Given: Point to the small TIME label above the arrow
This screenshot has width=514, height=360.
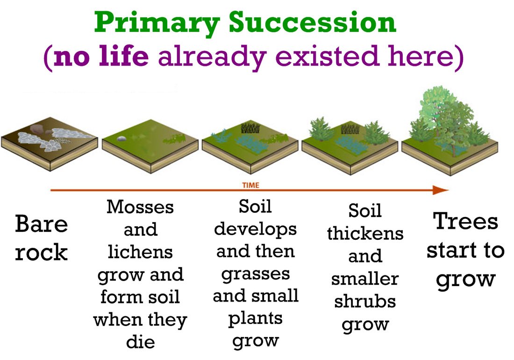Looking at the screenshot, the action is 251,185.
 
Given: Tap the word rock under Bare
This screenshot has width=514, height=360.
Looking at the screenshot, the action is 41,252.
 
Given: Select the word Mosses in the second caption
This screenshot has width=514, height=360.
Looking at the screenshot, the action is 140,207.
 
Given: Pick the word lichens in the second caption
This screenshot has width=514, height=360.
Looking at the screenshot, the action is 140,252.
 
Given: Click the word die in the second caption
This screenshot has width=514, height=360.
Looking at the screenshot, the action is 140,341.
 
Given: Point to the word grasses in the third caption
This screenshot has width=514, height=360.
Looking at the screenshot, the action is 255,274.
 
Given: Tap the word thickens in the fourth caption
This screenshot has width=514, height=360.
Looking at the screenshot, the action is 365,233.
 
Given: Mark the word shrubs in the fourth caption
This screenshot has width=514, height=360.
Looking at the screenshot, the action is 365,301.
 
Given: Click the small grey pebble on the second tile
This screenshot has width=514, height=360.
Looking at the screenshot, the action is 121,138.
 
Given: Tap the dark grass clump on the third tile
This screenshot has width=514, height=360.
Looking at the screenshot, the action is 250,128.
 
